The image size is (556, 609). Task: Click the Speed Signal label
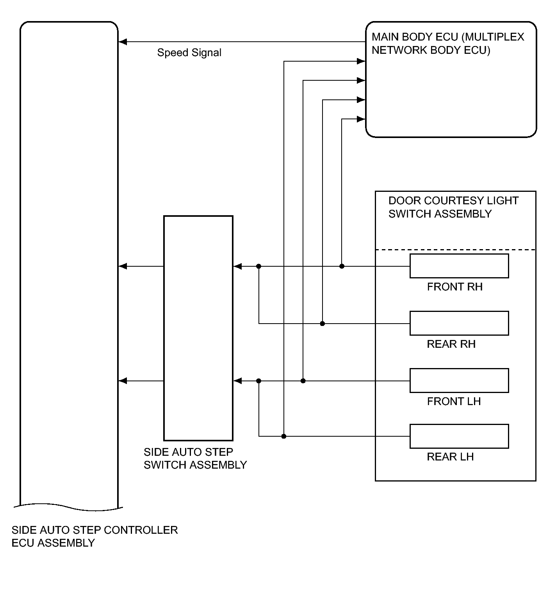[189, 53]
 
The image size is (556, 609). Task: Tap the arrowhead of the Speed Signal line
[123, 42]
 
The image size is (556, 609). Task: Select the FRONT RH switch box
[459, 266]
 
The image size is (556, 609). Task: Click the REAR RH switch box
[459, 323]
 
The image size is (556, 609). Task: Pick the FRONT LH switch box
[459, 381]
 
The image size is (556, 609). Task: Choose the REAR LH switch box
[459, 436]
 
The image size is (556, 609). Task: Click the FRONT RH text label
[454, 287]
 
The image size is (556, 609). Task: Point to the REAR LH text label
[450, 457]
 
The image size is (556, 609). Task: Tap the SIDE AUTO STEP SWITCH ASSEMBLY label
[195, 459]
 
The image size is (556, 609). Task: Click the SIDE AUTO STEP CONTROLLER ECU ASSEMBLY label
[94, 536]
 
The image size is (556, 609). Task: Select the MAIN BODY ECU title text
[448, 43]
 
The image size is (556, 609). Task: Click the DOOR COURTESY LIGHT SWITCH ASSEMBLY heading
[453, 207]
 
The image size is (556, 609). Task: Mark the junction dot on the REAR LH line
[284, 436]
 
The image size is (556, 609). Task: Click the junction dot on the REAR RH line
[323, 324]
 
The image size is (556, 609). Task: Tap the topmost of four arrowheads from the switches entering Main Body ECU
[361, 61]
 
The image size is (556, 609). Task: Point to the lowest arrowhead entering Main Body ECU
[361, 119]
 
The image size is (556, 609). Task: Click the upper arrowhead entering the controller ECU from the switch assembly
[123, 266]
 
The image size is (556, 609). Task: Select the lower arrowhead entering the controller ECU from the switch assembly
[123, 381]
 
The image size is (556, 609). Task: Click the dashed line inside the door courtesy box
[455, 250]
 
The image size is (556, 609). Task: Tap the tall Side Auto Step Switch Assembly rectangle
[198, 328]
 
